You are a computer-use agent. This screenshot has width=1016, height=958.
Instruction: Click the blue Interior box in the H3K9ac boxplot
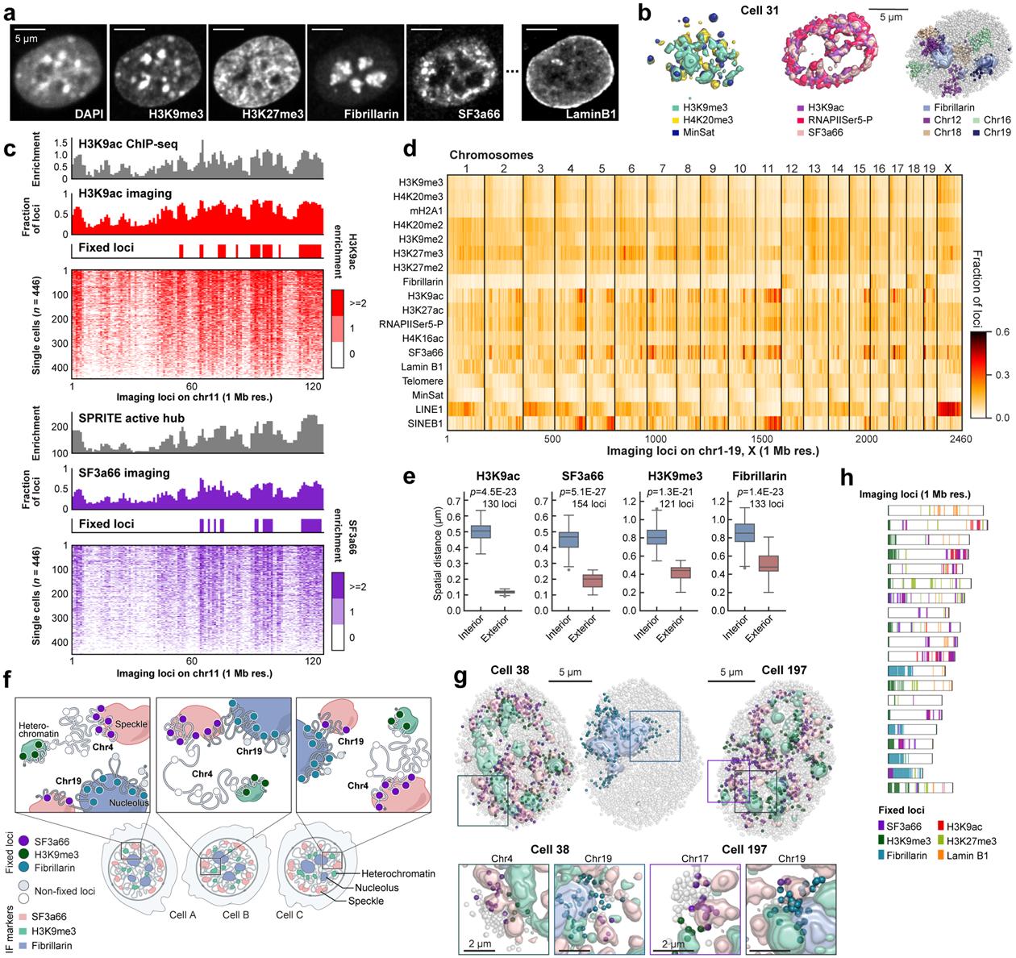click(481, 531)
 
